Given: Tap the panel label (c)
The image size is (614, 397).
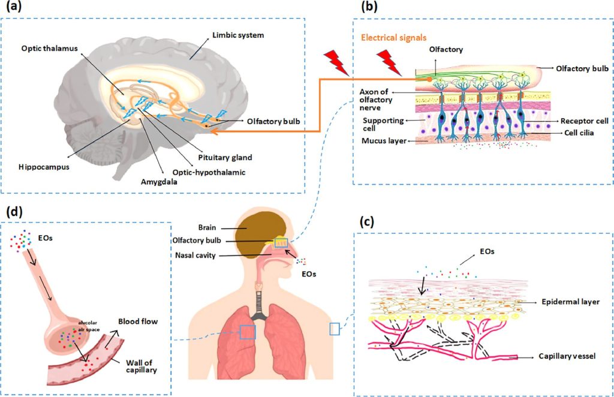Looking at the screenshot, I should [366, 221].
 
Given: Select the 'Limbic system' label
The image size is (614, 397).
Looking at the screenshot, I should [239, 35].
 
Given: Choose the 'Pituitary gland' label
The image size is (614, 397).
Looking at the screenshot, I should [225, 158].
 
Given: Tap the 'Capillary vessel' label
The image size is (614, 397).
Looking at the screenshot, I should [567, 356].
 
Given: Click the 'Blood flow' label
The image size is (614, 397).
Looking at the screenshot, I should [138, 322].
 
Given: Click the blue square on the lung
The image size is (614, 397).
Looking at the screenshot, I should [246, 332].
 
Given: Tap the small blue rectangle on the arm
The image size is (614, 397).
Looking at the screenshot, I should [335, 329].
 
